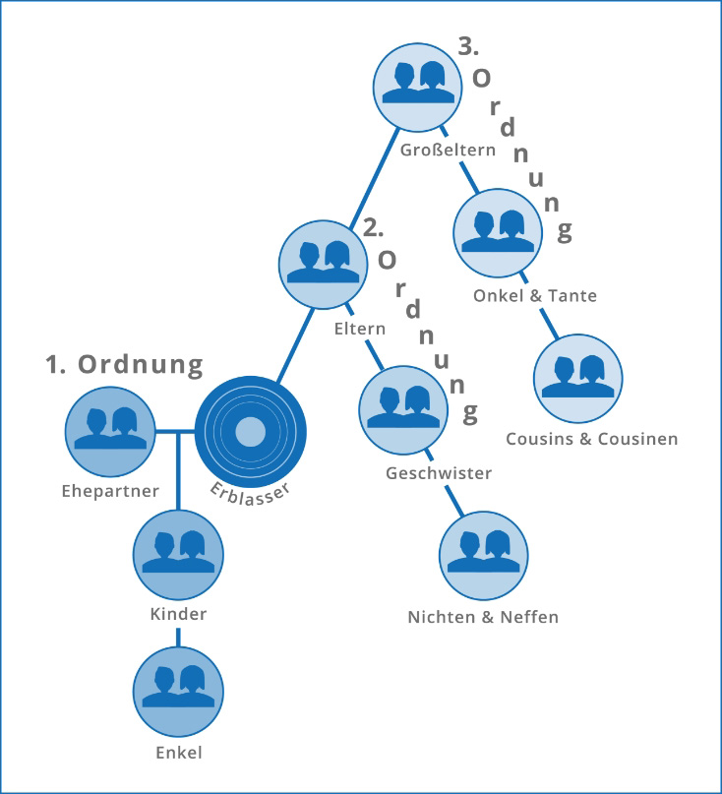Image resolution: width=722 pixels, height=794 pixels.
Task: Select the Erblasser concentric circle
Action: click(x=251, y=431)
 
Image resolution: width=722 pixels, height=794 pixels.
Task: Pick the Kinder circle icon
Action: click(x=178, y=554)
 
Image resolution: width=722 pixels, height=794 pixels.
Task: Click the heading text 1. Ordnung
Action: click(x=124, y=365)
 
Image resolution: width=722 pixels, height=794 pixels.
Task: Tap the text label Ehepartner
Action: click(x=109, y=491)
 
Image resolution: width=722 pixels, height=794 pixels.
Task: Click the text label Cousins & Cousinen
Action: click(x=591, y=439)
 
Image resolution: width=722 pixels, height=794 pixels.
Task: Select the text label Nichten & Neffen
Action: click(x=483, y=618)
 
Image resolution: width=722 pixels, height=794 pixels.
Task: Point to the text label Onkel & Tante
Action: click(x=534, y=295)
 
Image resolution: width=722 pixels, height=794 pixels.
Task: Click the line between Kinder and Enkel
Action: click(x=178, y=638)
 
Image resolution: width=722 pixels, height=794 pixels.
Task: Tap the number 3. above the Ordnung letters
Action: click(x=470, y=45)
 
